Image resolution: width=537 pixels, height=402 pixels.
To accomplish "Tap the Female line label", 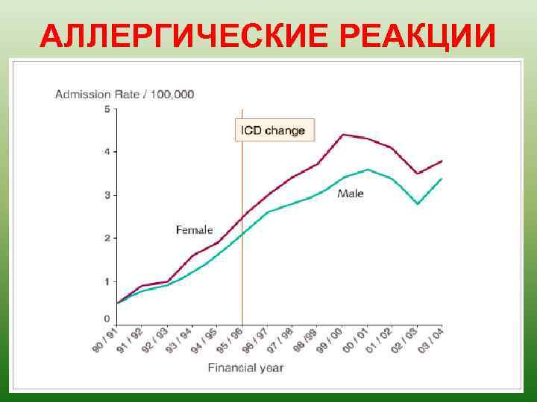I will pyautogui.click(x=194, y=230).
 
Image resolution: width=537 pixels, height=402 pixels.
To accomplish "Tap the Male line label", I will pyautogui.click(x=351, y=194).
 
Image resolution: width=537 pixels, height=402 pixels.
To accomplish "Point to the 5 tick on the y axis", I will pyautogui.click(x=107, y=109).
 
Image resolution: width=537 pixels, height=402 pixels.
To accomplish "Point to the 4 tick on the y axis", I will pyautogui.click(x=107, y=152).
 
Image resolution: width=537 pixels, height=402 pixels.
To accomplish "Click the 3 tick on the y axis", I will pyautogui.click(x=107, y=195).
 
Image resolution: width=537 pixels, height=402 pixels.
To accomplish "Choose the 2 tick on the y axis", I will pyautogui.click(x=107, y=238).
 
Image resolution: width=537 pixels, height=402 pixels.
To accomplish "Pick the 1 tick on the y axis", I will pyautogui.click(x=107, y=281).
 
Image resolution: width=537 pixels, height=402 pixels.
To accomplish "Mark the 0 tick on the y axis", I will pyautogui.click(x=107, y=319).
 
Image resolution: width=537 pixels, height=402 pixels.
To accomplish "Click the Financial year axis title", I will pyautogui.click(x=245, y=368).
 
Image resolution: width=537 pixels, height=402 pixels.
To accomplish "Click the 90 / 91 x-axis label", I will pyautogui.click(x=107, y=339).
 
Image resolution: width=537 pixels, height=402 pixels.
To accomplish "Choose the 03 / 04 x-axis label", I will pyautogui.click(x=431, y=339).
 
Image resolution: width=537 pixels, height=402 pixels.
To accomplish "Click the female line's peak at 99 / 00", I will pyautogui.click(x=342, y=135).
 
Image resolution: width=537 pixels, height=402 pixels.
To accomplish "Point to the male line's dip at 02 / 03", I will pyautogui.click(x=418, y=203).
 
